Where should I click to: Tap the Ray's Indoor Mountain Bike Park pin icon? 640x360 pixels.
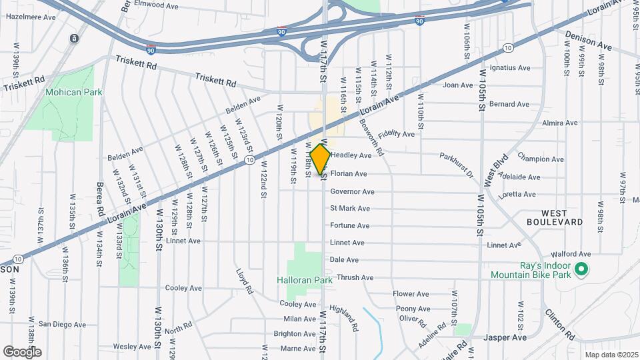pos(581,269)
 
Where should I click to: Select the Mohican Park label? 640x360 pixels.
pos(74,92)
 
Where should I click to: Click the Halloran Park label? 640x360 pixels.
pos(305,281)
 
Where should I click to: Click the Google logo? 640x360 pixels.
pos(22,351)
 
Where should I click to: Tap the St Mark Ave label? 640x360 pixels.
pos(350,209)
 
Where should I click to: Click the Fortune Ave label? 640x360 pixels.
pos(349,225)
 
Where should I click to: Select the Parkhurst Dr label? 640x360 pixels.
pos(456,165)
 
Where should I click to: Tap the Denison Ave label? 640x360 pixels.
pos(588,41)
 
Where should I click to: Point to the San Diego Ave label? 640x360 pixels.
pos(62,325)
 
